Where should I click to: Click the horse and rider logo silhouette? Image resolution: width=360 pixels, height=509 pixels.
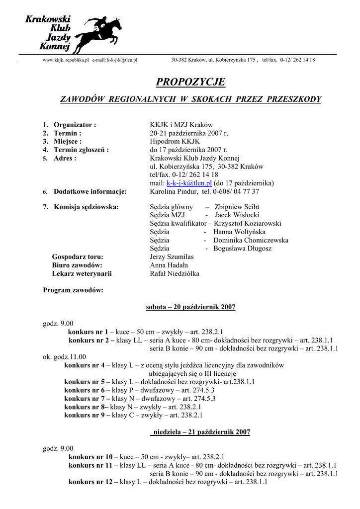tap(100, 32)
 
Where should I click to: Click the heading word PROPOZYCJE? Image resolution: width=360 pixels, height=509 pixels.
tap(190, 82)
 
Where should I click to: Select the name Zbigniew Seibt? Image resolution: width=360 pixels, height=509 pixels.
tap(236, 207)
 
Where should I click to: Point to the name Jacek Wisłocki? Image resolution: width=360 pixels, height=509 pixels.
tap(237, 215)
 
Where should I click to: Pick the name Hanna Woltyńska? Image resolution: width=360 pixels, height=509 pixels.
tap(239, 232)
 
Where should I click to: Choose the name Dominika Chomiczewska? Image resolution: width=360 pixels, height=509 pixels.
tap(251, 241)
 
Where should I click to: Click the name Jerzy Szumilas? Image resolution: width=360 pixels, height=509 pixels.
tap(172, 257)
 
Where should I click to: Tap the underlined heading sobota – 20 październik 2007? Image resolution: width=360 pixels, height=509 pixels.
tap(190, 307)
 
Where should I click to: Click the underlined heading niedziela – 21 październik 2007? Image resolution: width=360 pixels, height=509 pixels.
tap(200, 432)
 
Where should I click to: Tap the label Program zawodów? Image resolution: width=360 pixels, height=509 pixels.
tap(73, 290)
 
